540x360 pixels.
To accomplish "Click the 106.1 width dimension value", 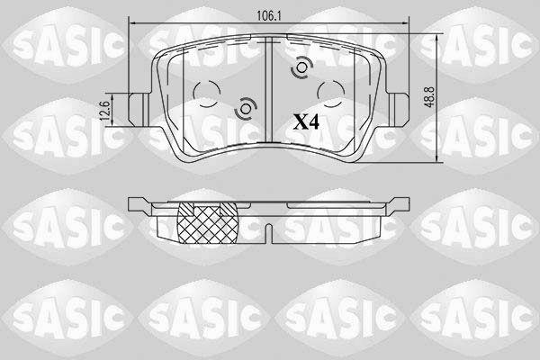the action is tap(269, 15).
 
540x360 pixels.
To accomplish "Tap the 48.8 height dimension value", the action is tap(430, 97).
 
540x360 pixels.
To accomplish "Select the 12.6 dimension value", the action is tap(106, 110).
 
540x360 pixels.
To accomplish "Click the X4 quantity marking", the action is tap(306, 121).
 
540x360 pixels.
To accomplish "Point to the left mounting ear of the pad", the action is tap(139, 110).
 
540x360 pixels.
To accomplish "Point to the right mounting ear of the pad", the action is tap(398, 110).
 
